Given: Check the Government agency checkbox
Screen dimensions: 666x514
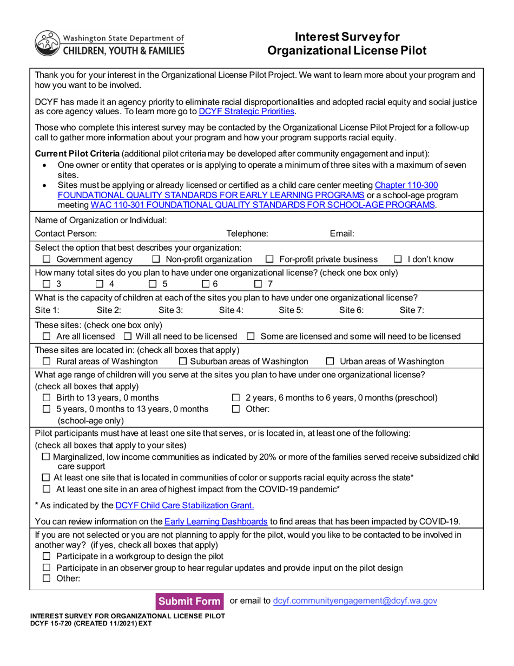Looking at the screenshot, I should [x=47, y=259].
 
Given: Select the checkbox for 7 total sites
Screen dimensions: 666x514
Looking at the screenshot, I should [x=259, y=284].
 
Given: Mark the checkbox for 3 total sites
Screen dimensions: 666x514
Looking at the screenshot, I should [x=47, y=284].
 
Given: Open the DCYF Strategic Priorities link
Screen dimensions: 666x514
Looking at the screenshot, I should [x=247, y=112].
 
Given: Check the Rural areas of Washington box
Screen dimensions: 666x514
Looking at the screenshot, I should [x=47, y=361].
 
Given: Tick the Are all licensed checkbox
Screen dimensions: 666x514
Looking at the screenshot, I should [x=47, y=337].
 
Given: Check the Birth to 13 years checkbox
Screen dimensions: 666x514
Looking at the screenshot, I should [x=47, y=398].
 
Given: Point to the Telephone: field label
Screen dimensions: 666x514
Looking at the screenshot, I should [x=247, y=234].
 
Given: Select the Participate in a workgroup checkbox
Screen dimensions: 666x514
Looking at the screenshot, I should [x=47, y=557].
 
